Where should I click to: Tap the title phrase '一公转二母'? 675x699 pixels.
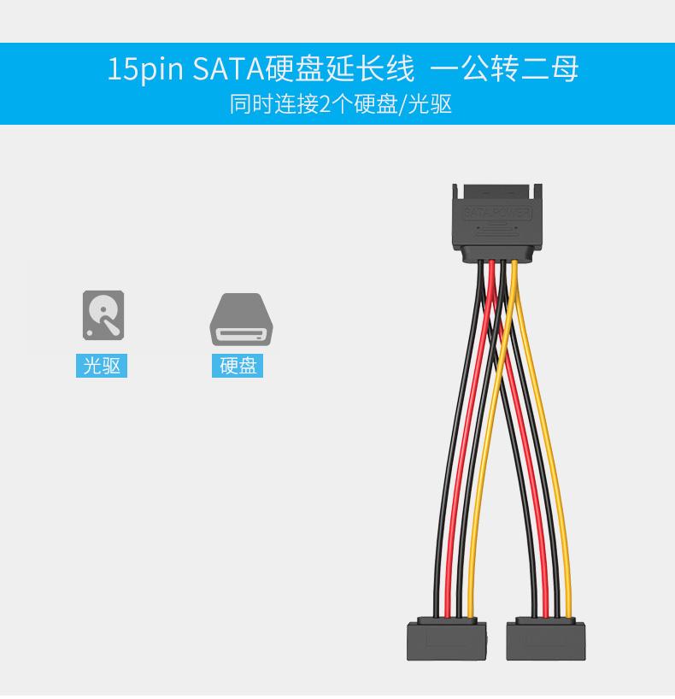[505, 69]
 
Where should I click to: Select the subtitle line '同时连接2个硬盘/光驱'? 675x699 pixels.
[340, 104]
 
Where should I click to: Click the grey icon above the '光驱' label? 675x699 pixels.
[103, 315]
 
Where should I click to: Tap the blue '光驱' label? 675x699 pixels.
[102, 366]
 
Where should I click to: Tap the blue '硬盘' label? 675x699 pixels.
[238, 366]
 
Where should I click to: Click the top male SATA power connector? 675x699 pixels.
[496, 222]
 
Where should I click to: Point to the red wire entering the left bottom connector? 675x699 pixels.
[452, 598]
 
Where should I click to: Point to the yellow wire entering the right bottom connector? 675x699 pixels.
[568, 598]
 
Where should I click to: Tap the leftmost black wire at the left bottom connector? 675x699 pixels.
[442, 598]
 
